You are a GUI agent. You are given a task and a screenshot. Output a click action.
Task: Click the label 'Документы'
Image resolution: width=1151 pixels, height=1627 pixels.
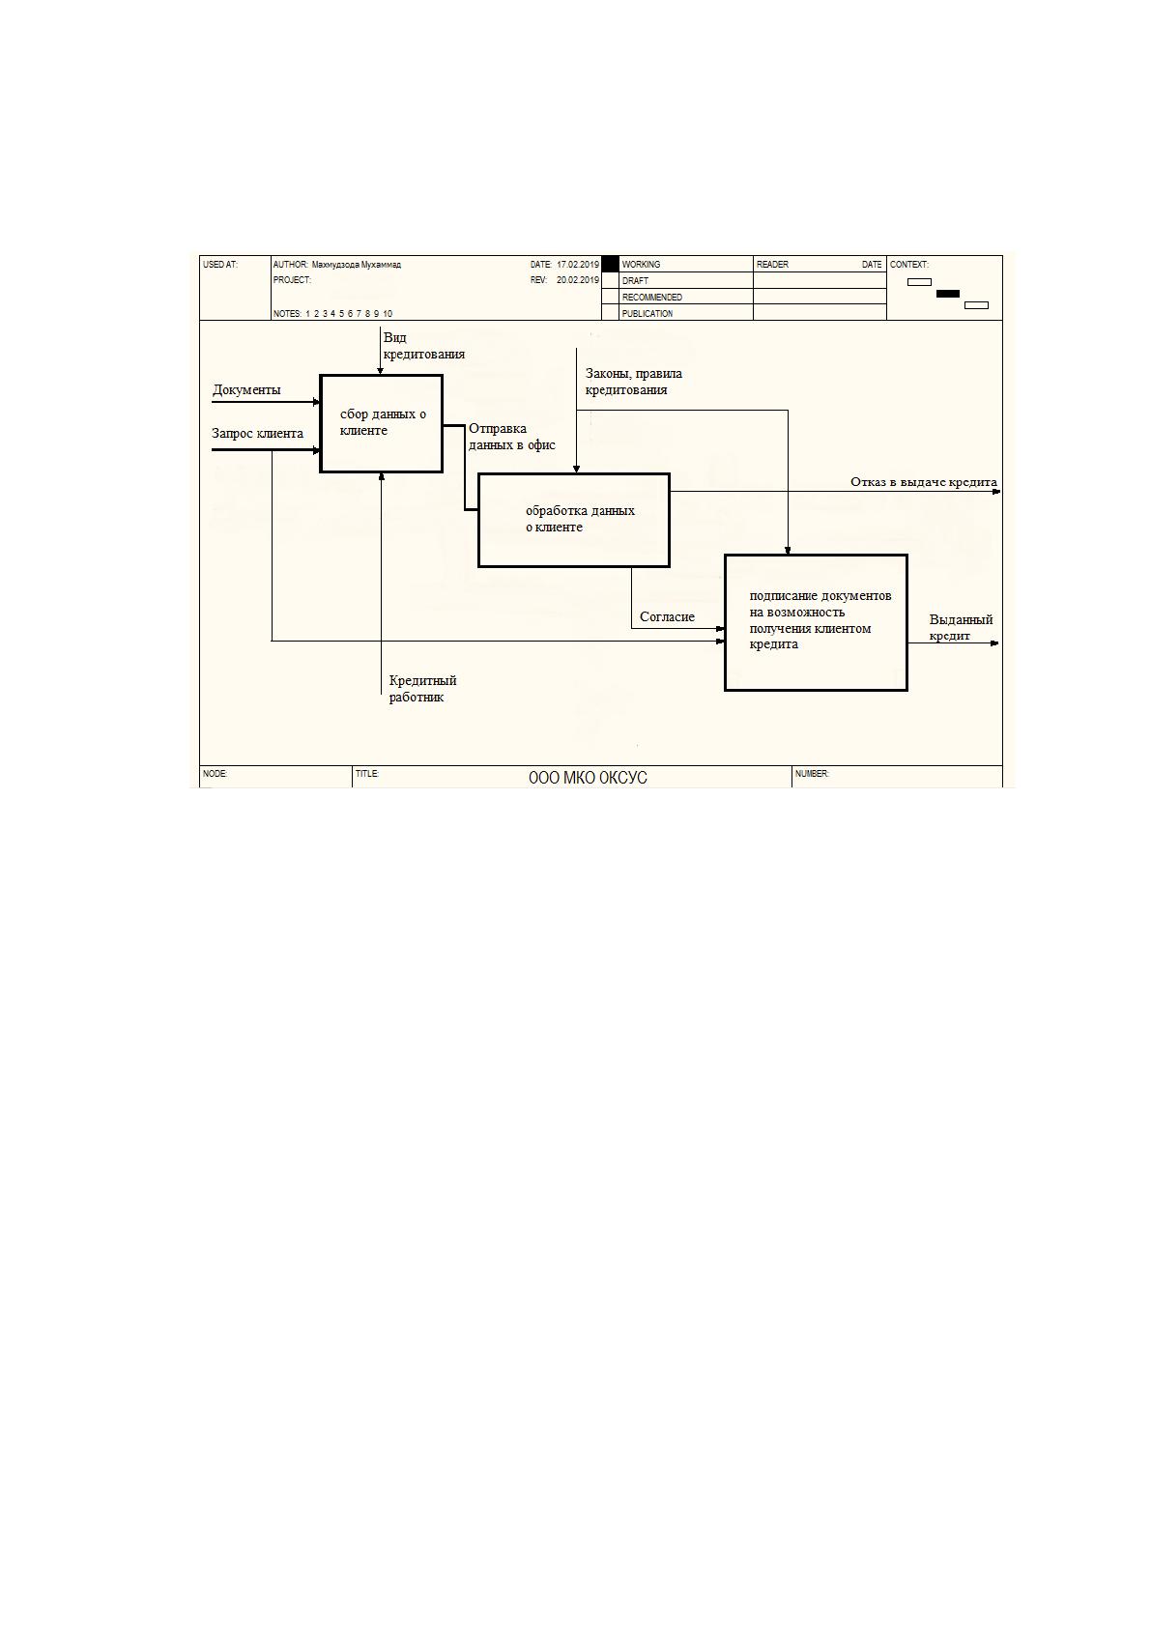[246, 390]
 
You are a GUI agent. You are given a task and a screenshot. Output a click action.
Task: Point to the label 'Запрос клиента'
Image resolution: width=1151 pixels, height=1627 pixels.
[257, 434]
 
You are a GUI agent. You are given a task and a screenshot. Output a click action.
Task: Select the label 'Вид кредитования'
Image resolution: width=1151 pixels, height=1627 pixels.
[423, 346]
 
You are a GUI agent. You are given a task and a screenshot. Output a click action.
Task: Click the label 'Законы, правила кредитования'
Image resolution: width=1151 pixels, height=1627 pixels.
[634, 382]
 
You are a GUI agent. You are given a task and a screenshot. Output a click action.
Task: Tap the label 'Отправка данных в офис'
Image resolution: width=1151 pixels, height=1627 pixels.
[511, 437]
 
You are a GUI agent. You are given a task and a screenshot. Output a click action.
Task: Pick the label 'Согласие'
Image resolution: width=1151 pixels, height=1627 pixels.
[667, 616]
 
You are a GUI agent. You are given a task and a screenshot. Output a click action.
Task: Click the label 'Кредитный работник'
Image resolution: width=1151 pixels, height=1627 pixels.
[422, 689]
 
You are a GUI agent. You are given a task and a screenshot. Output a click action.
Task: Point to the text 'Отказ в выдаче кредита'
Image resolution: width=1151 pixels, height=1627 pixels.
[924, 482]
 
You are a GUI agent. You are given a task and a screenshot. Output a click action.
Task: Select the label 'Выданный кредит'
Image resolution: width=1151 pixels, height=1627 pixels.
[961, 628]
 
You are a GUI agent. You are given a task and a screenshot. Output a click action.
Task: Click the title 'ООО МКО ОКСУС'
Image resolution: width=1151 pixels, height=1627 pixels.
[588, 778]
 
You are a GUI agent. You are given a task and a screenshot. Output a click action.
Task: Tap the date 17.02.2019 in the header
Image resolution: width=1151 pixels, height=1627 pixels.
[578, 265]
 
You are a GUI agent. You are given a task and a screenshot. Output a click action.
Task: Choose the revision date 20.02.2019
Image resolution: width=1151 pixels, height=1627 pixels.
[578, 279]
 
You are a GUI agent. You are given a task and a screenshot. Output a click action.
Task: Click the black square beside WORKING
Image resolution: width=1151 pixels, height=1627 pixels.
[611, 265]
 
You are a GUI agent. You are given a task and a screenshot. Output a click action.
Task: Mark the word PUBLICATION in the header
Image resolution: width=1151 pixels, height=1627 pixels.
[647, 314]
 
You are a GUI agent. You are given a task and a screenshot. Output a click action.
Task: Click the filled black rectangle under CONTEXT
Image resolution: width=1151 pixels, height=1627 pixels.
[947, 294]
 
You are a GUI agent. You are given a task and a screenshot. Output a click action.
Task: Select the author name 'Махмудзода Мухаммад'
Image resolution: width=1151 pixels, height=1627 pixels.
[356, 265]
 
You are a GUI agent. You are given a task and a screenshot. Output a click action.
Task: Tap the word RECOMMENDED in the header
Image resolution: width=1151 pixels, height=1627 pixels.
[651, 297]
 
